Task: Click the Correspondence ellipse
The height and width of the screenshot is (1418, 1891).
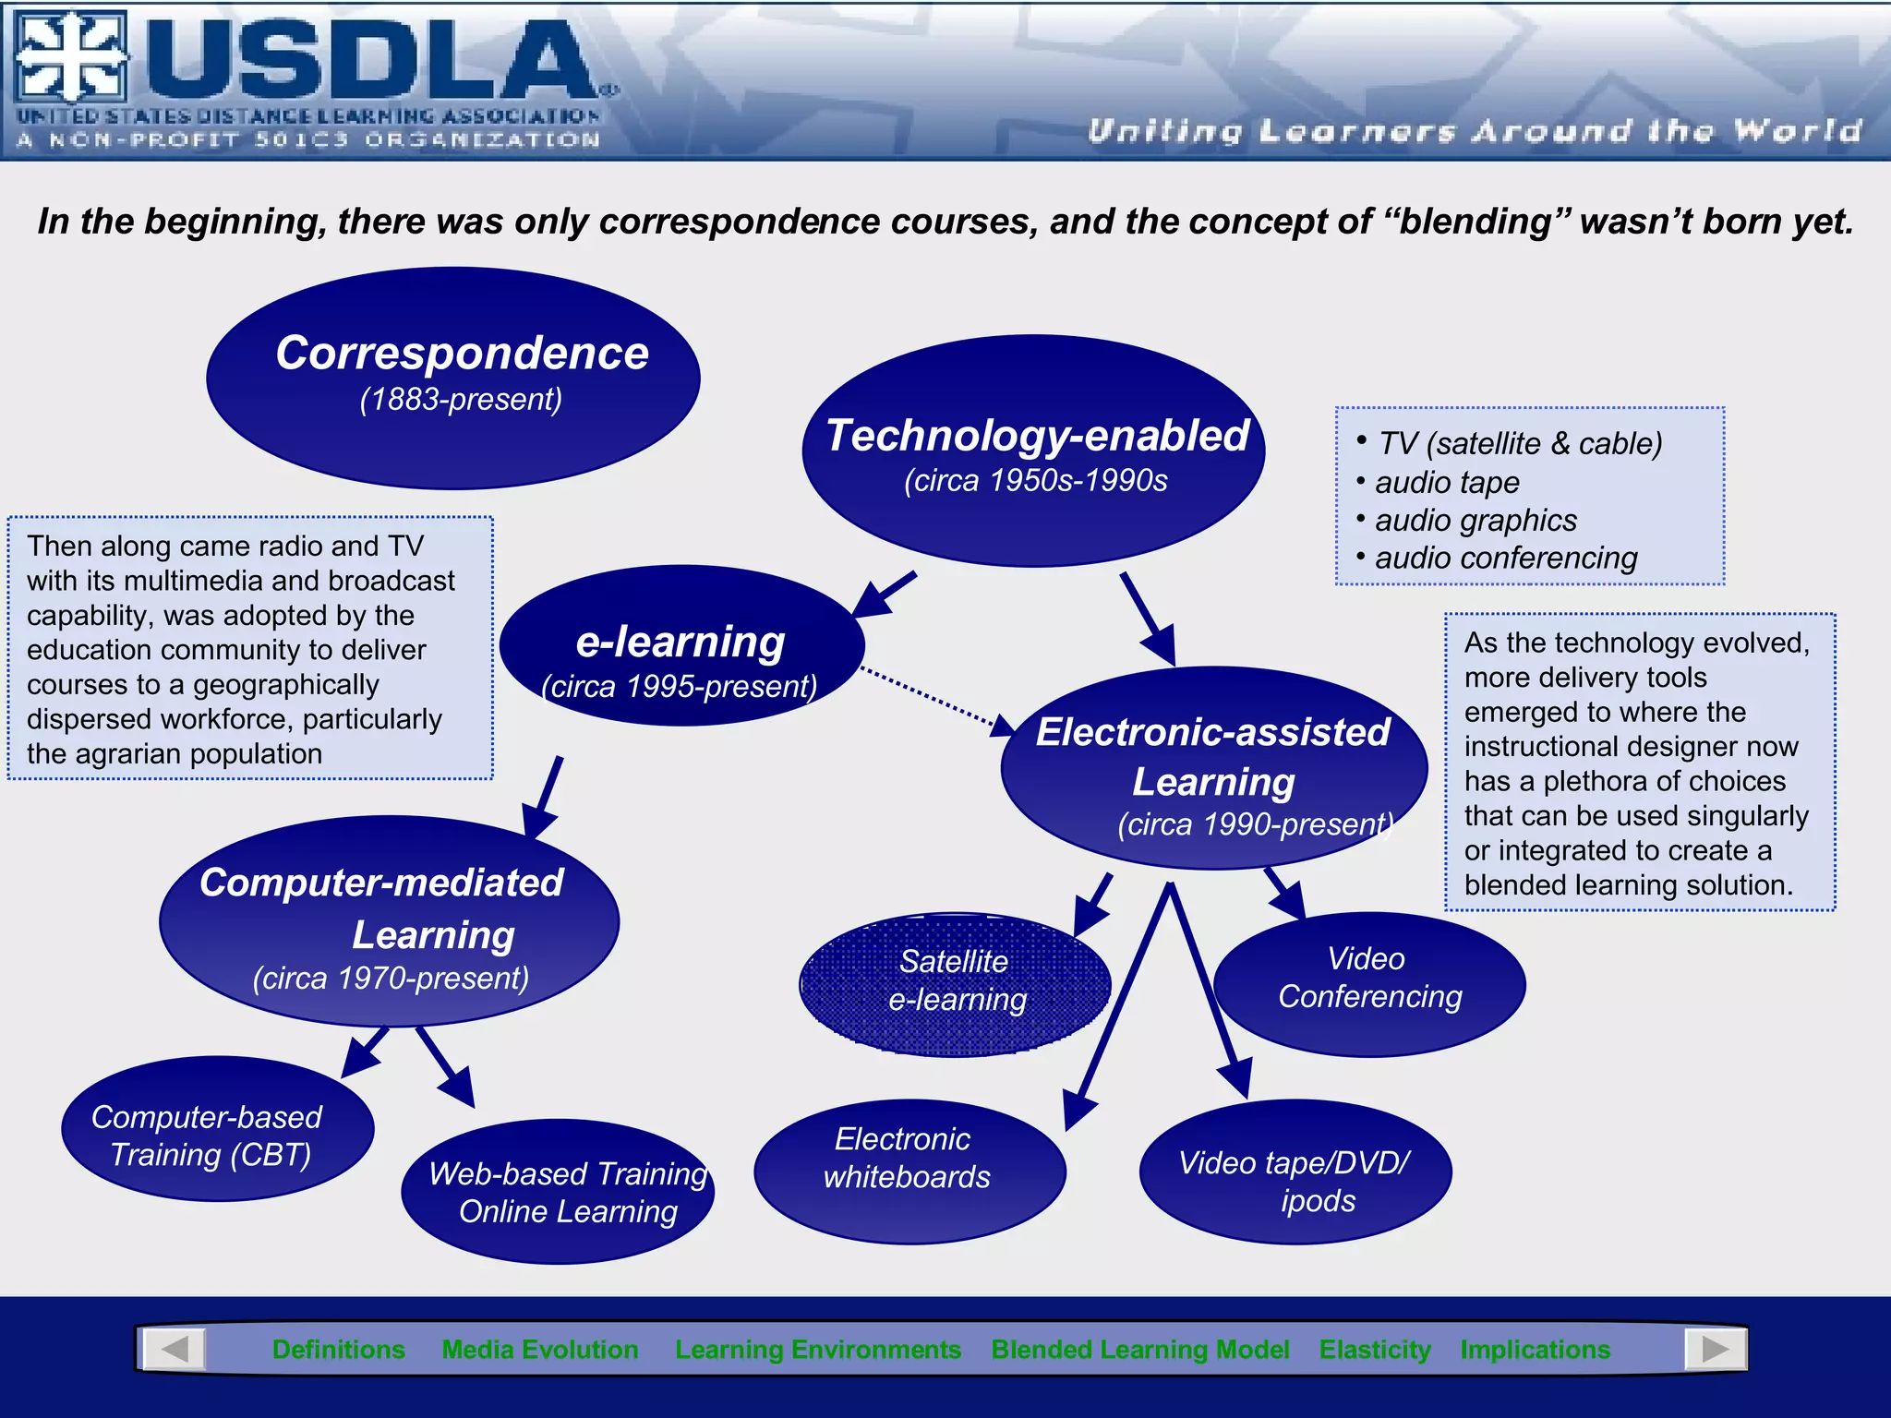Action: (453, 378)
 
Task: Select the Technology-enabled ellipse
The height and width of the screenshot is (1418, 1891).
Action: (1033, 451)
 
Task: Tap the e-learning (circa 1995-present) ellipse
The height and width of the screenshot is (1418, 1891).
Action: (681, 646)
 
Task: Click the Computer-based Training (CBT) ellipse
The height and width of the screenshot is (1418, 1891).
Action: (217, 1129)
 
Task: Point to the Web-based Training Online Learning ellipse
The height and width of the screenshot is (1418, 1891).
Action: (558, 1191)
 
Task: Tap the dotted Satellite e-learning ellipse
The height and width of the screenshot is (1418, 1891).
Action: (956, 984)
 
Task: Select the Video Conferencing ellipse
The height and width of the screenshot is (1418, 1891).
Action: (1369, 984)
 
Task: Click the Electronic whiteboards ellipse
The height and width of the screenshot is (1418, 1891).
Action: (909, 1171)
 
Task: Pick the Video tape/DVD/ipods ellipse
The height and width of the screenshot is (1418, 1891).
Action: (1295, 1172)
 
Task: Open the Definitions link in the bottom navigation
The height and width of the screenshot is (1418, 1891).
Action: (339, 1350)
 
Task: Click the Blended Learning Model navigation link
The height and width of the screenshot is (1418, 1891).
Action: (1139, 1350)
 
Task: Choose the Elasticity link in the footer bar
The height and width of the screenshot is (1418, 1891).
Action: (1374, 1350)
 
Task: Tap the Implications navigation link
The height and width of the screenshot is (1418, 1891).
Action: (1535, 1350)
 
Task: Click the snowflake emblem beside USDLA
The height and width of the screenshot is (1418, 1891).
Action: (71, 56)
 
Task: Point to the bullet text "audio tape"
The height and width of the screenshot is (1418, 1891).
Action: (1446, 482)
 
